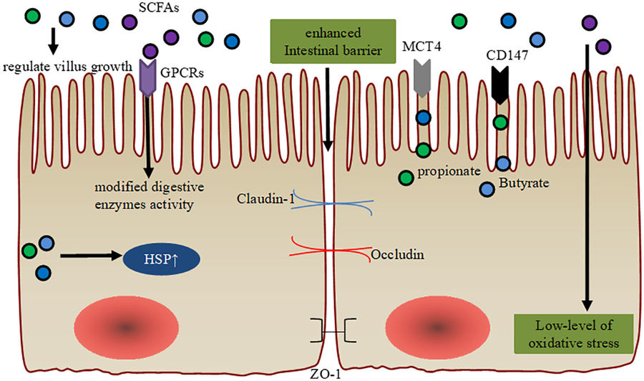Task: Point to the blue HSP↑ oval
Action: click(161, 259)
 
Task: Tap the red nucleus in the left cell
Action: click(126, 327)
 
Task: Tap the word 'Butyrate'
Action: click(522, 184)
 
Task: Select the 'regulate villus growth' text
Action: click(67, 67)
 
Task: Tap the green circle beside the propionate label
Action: click(406, 177)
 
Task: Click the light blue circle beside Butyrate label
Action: click(487, 188)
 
